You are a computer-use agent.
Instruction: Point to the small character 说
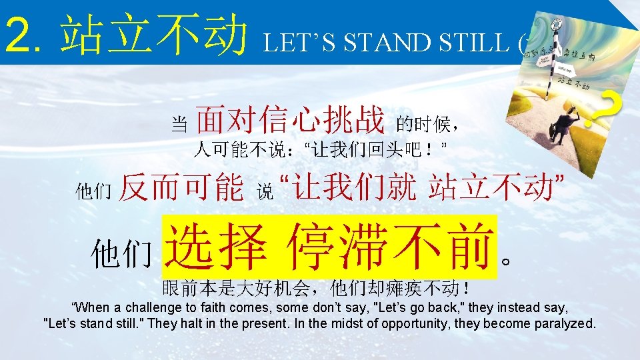tap(265, 193)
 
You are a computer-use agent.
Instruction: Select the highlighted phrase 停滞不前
tap(391, 246)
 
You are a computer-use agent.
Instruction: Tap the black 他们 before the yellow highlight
tap(122, 255)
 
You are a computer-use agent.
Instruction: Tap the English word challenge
tap(147, 307)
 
